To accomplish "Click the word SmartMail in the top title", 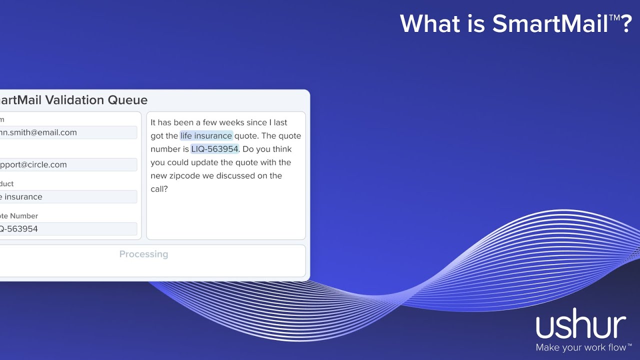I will point(549,23).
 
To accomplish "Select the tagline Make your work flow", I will point(580,347).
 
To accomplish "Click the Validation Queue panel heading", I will point(74,100).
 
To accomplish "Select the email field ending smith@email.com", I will point(67,132).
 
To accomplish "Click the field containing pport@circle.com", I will point(67,164).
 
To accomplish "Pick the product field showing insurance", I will point(67,196).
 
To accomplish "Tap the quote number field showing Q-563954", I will point(67,228).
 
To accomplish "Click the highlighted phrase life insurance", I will point(206,135).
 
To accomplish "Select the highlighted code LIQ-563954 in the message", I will point(214,149).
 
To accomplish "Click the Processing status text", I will point(143,254).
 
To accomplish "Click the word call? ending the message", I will point(159,189).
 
